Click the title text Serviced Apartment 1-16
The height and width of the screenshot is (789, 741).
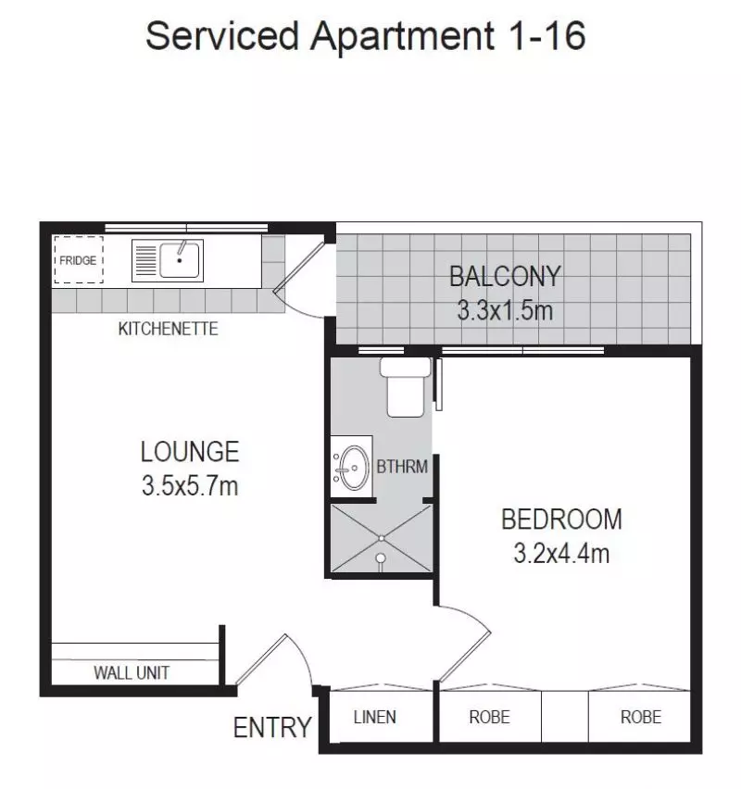(366, 37)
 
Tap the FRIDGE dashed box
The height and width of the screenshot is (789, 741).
(78, 260)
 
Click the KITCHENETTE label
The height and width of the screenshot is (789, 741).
(168, 329)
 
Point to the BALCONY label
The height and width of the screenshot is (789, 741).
(504, 276)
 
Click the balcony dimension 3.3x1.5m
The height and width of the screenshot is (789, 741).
(504, 309)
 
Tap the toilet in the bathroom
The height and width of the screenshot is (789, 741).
(405, 387)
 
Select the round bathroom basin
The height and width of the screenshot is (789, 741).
(351, 468)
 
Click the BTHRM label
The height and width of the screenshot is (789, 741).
(402, 467)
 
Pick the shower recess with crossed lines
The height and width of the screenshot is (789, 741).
(380, 540)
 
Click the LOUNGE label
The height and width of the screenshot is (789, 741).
(190, 452)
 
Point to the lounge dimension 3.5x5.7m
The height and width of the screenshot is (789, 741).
(190, 485)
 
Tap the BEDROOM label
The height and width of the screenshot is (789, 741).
(561, 520)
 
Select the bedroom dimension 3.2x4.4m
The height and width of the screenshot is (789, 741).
(561, 554)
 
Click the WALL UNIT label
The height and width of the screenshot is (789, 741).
(132, 673)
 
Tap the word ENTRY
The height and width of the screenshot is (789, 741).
(271, 728)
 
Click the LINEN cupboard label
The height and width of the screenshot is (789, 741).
(375, 717)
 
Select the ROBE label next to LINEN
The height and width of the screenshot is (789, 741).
(489, 717)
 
